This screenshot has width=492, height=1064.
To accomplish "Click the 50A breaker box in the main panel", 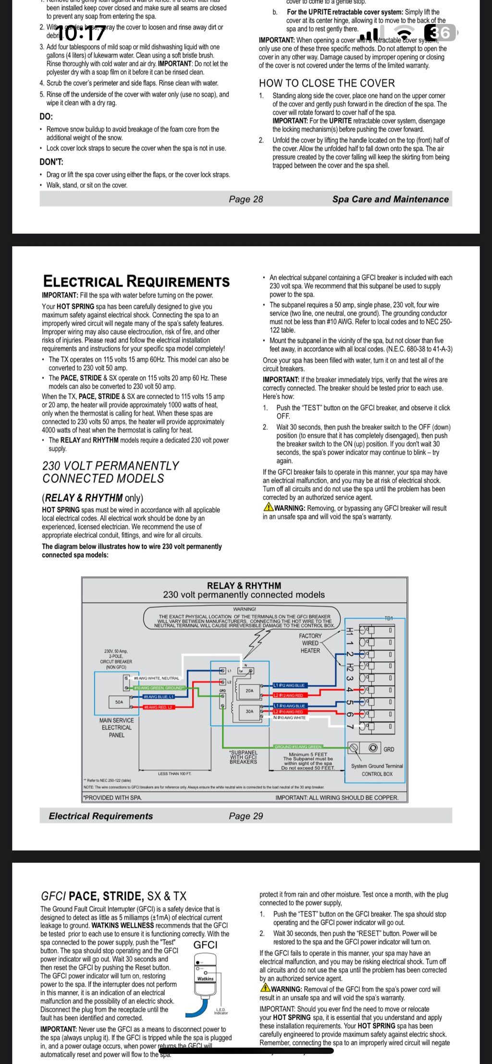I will (x=119, y=701).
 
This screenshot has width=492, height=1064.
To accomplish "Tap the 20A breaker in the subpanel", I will (x=249, y=690).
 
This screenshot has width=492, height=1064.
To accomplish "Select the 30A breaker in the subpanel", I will (x=249, y=711).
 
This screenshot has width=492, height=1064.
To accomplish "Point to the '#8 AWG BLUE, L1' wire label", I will (x=159, y=696).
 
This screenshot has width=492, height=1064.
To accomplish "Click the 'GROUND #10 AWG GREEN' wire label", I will (x=298, y=747).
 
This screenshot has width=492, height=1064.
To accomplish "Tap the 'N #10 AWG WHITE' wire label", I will (x=289, y=718).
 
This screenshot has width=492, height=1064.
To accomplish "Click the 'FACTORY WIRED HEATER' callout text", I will (x=310, y=643).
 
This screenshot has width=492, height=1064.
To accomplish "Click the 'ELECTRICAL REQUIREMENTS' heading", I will (x=136, y=281).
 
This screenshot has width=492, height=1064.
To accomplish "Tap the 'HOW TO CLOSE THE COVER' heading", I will (x=327, y=83).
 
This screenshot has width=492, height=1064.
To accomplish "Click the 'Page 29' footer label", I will (x=246, y=816).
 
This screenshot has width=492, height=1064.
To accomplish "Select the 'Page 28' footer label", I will (x=246, y=199).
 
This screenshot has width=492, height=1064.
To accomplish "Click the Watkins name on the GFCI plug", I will (x=206, y=978).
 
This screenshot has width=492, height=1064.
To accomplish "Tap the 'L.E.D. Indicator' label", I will (x=221, y=1011).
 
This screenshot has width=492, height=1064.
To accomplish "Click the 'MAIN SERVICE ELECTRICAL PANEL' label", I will (x=117, y=727).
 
